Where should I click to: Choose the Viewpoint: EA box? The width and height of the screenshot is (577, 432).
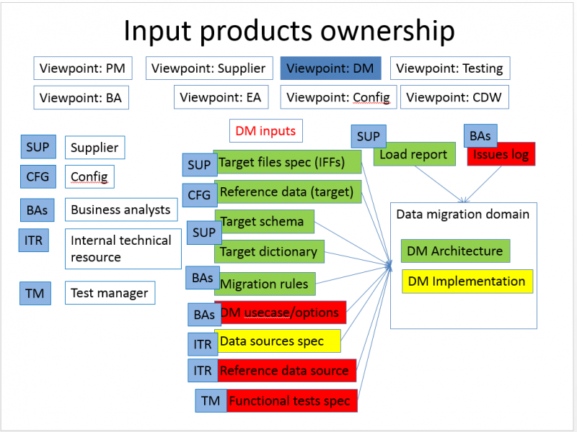pyautogui.click(x=221, y=97)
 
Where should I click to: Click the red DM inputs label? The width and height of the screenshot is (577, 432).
pyautogui.click(x=265, y=131)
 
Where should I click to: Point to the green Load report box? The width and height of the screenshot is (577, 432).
pyautogui.click(x=414, y=154)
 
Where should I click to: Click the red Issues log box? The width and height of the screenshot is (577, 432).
pyautogui.click(x=501, y=155)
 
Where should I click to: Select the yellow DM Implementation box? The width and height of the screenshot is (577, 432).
pyautogui.click(x=467, y=282)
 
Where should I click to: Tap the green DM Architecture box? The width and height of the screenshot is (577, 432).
pyautogui.click(x=454, y=251)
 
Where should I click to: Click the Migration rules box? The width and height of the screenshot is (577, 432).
pyautogui.click(x=265, y=284)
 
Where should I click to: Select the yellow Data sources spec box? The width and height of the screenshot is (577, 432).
pyautogui.click(x=278, y=341)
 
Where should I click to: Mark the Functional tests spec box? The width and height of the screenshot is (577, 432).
pyautogui.click(x=292, y=401)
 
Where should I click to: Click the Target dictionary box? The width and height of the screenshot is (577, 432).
pyautogui.click(x=269, y=252)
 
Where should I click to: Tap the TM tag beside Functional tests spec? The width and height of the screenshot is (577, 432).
pyautogui.click(x=211, y=401)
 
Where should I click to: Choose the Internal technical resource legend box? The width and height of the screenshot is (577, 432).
pyautogui.click(x=123, y=248)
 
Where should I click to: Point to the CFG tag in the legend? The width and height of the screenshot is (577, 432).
pyautogui.click(x=38, y=176)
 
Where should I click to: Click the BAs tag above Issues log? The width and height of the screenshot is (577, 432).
pyautogui.click(x=480, y=136)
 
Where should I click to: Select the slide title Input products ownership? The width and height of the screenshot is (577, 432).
pyautogui.click(x=288, y=31)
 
